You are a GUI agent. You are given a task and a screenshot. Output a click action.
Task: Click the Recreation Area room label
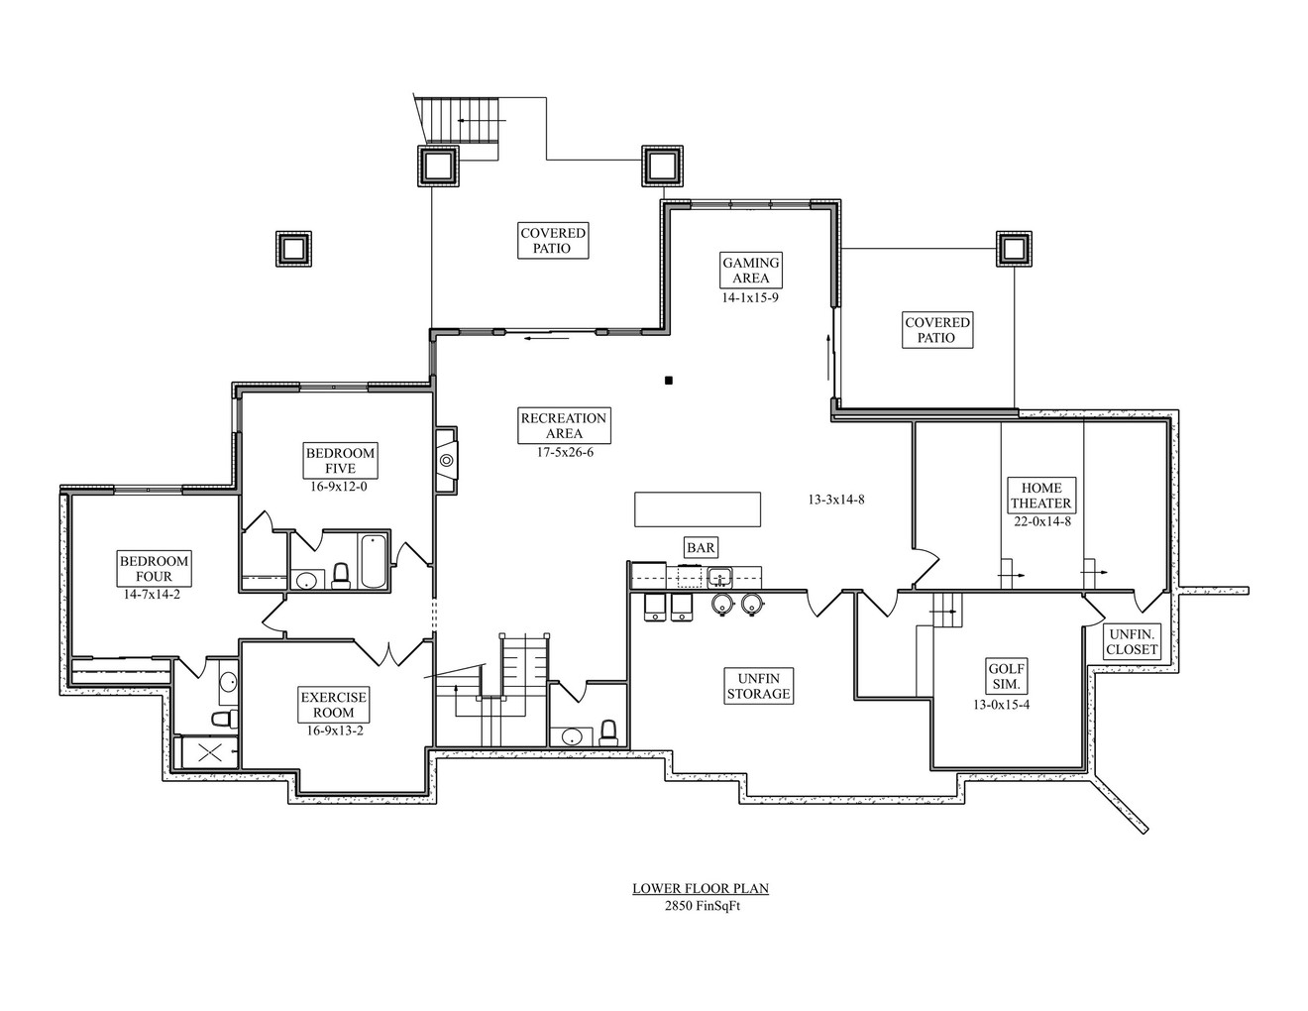pos(565,425)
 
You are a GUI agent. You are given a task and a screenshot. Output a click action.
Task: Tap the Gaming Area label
pos(750,270)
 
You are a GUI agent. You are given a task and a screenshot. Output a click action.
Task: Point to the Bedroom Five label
pos(340,461)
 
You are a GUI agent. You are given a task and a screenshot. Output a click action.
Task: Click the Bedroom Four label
pos(154,568)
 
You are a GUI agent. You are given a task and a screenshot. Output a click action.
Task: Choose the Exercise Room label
pos(333,705)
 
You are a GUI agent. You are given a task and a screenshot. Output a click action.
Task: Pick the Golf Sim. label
pos(1006,676)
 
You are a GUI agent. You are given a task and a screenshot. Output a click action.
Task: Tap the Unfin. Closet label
pos(1133,642)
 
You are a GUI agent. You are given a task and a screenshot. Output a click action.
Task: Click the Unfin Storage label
pos(758,686)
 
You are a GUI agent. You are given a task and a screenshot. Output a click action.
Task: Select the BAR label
pos(701,547)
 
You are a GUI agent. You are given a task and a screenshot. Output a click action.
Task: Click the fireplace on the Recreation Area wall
pos(447,460)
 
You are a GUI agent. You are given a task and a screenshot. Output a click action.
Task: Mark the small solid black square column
pos(669,380)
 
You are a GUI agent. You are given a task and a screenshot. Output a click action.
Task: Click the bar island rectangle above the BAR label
pos(698,509)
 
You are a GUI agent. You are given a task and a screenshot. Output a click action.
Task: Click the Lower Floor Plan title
pos(701,888)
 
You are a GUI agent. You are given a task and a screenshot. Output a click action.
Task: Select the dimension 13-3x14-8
pos(835,500)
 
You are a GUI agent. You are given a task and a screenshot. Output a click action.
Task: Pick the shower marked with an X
pos(210,752)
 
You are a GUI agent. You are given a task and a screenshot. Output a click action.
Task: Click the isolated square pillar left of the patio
pos(293,248)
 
